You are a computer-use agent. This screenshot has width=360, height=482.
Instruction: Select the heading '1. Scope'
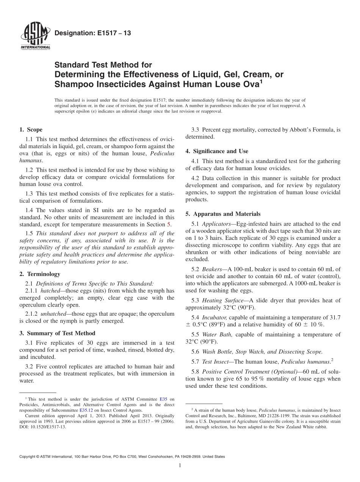[x=31, y=130]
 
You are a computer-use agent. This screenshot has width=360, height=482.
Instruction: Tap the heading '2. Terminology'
[x=39, y=274]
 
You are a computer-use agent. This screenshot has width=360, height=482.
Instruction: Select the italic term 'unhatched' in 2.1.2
[x=53, y=314]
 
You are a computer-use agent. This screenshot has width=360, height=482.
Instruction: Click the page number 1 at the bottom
[x=180, y=466]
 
